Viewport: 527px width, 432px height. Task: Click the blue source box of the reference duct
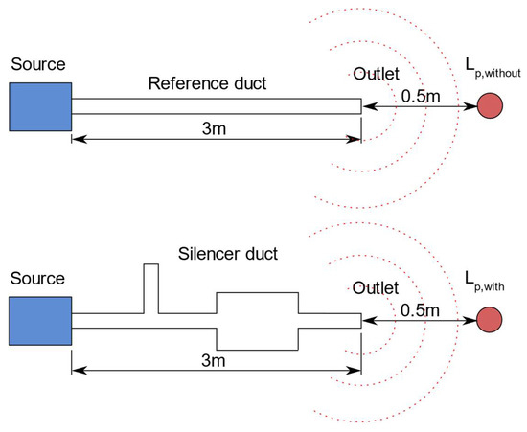(x=39, y=105)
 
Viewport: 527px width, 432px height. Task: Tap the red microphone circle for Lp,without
(x=491, y=105)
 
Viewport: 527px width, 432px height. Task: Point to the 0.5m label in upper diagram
(x=420, y=94)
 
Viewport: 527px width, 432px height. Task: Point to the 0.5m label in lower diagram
(x=420, y=308)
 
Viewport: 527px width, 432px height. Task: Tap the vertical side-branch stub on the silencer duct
(x=150, y=287)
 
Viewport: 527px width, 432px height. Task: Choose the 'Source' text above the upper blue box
(x=36, y=64)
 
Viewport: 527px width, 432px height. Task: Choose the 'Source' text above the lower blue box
(x=36, y=279)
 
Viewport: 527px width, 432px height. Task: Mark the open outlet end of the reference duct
(x=360, y=105)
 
